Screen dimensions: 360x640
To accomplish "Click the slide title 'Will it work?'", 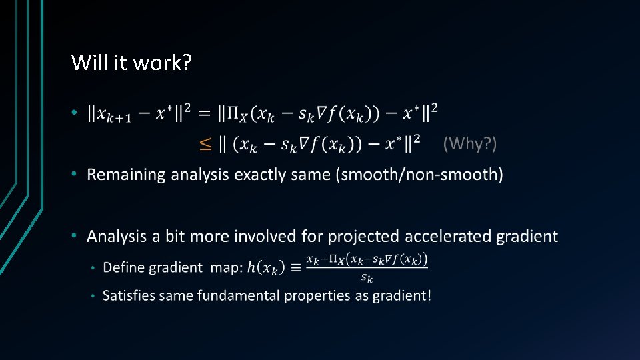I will point(132,63).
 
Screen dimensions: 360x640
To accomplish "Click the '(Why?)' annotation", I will point(470,143).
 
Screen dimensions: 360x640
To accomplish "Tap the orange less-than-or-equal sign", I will point(207,143).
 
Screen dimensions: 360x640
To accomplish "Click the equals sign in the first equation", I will point(204,114).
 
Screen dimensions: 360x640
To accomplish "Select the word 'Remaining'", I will point(126,175).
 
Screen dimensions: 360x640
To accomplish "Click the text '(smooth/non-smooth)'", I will point(420,175).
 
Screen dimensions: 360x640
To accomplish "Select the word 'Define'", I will point(124,267).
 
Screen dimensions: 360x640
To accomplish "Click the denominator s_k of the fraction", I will point(367,277).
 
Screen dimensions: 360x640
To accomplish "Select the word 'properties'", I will point(317,295).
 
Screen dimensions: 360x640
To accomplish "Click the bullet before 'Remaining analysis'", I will point(76,175).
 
